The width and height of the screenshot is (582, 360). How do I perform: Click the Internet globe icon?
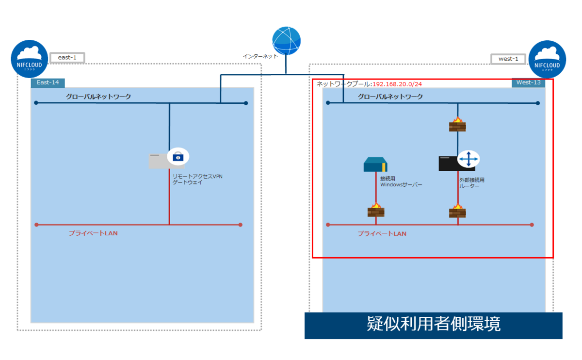click(x=286, y=41)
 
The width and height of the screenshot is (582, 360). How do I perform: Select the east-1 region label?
click(x=67, y=58)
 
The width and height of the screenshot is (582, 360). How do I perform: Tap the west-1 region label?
click(x=508, y=59)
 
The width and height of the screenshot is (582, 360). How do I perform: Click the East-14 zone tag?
click(x=48, y=82)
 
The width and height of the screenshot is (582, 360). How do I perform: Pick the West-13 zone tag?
click(x=528, y=82)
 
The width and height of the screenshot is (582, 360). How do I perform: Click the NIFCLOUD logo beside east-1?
click(x=30, y=59)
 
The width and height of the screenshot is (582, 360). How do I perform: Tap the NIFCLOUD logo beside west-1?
click(x=547, y=59)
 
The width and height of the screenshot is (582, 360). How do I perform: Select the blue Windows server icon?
click(x=376, y=164)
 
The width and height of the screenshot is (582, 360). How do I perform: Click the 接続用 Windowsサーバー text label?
click(x=401, y=181)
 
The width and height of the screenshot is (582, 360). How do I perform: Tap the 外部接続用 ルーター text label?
click(x=472, y=183)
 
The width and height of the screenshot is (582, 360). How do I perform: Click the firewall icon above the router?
click(x=457, y=124)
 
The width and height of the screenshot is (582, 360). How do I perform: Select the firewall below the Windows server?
click(x=376, y=210)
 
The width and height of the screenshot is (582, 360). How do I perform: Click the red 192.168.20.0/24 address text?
click(x=397, y=84)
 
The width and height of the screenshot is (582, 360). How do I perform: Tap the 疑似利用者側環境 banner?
click(x=433, y=325)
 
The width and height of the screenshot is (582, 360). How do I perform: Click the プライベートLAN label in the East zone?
click(x=93, y=233)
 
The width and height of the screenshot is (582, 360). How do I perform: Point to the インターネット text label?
click(x=260, y=56)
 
